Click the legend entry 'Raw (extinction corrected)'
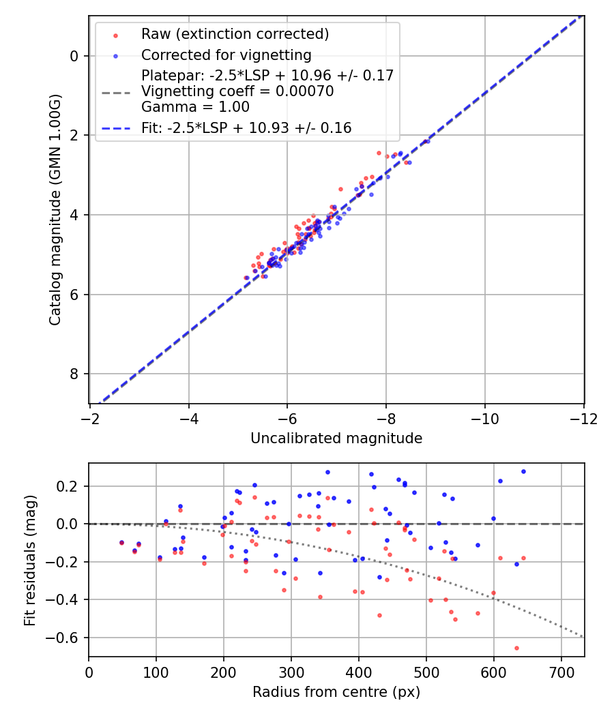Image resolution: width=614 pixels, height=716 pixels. (235, 34)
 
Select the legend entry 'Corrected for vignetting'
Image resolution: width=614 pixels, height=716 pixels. (226, 55)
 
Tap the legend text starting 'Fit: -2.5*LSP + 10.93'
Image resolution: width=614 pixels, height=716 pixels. (246, 128)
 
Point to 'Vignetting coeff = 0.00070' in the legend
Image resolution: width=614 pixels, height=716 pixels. (237, 91)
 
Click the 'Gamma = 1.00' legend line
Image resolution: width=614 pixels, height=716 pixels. (195, 107)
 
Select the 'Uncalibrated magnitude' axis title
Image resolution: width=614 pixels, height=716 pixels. (336, 438)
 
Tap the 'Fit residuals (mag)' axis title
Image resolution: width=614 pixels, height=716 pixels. (29, 560)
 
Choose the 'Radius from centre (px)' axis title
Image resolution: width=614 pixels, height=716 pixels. (336, 692)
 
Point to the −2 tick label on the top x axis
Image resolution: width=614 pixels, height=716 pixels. (90, 419)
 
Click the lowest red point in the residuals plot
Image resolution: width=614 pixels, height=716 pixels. (516, 648)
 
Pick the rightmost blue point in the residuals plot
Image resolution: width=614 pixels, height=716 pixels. (523, 471)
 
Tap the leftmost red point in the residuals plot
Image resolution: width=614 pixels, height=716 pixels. (121, 543)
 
